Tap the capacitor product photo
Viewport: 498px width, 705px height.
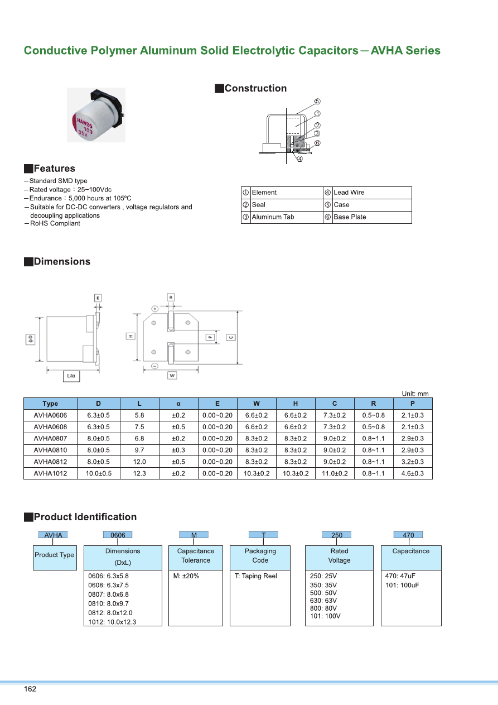pos(96,115)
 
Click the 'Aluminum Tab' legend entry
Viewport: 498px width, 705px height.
pos(273,217)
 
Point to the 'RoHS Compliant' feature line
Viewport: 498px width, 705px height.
pos(55,223)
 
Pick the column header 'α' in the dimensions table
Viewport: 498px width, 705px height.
pos(178,404)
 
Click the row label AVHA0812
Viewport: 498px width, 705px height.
pos(50,462)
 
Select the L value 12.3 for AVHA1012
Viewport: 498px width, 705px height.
pos(139,473)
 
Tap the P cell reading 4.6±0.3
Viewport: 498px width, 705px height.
pos(412,473)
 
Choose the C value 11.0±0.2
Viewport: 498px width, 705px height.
pos(335,473)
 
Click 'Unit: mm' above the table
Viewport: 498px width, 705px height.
pos(415,394)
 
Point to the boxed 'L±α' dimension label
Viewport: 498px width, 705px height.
pos(71,376)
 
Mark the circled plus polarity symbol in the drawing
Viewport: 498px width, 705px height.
pos(154,308)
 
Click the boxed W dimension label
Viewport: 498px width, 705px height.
pos(172,376)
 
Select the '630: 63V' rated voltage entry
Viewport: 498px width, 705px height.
pos(324,601)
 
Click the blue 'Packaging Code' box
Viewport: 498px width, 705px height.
pos(260,556)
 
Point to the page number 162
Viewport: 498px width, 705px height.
pos(30,689)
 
